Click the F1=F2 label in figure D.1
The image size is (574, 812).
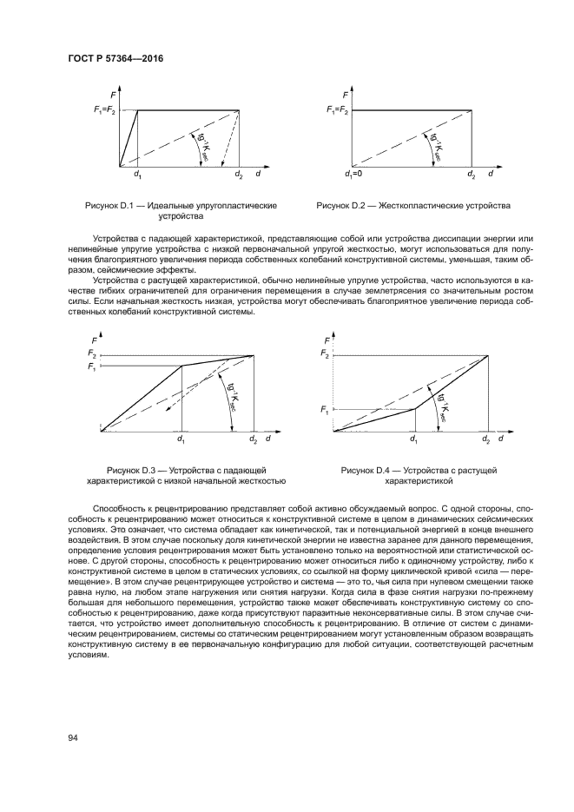tap(103, 109)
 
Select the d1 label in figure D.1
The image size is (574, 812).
tap(137, 176)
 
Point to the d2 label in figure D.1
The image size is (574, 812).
tap(239, 176)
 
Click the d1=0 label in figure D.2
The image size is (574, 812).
tap(353, 176)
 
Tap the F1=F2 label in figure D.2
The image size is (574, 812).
tap(338, 109)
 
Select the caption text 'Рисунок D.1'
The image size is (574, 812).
tap(110, 205)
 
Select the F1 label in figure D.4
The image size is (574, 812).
tap(325, 409)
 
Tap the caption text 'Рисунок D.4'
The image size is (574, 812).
tap(367, 469)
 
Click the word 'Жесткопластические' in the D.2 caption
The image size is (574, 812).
tap(426, 205)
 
